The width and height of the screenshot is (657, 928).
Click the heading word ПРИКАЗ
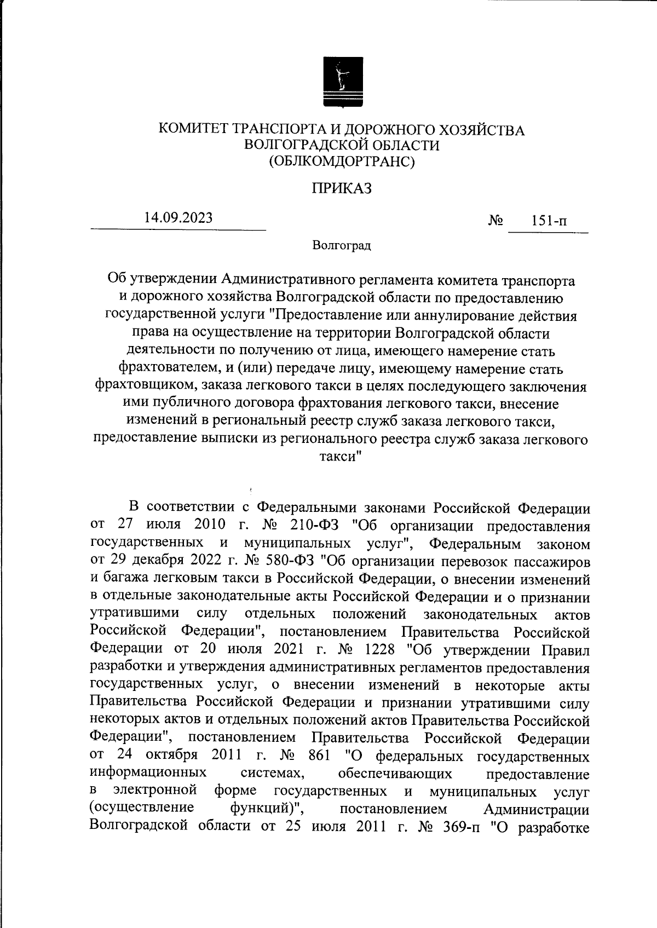(x=342, y=188)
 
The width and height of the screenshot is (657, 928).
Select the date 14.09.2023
(x=178, y=217)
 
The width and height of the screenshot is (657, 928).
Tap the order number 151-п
(x=549, y=222)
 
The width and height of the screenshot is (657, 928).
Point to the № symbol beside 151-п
(x=495, y=221)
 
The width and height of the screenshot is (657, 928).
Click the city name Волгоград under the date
(x=342, y=245)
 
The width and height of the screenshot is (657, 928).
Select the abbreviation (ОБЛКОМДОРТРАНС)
(x=342, y=162)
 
